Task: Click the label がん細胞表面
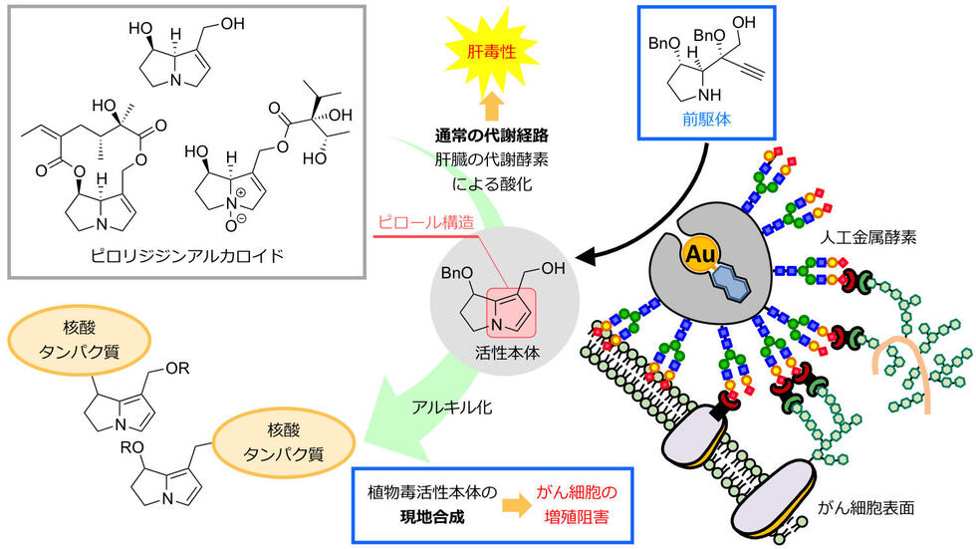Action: point(877,508)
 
